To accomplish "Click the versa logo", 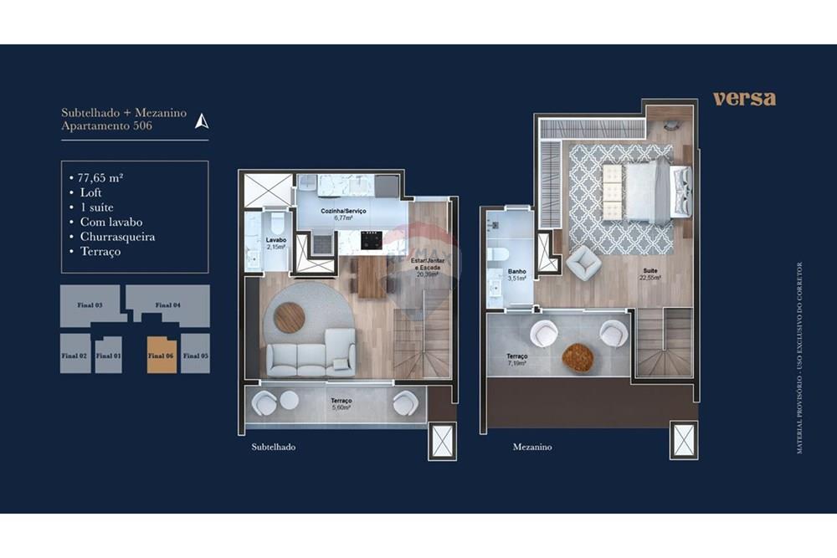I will click(744, 98).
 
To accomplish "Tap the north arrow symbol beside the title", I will click(201, 121).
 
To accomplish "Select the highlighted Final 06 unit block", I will click(162, 354).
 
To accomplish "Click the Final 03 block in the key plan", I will click(90, 305).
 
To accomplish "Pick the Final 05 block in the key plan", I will click(195, 354).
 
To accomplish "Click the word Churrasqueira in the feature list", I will click(117, 237).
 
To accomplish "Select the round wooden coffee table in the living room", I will click(289, 317).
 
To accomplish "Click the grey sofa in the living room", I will click(311, 355).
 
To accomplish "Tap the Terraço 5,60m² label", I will click(341, 403).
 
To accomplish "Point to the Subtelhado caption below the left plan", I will click(273, 447).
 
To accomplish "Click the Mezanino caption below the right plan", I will click(531, 447).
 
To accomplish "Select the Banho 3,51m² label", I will click(516, 274).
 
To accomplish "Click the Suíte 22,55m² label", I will click(649, 274).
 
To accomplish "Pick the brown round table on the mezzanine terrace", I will click(577, 357).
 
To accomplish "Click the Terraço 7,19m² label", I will click(516, 360).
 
